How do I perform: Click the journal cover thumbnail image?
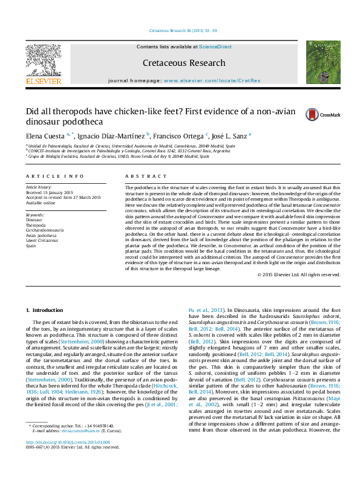pos(322,62)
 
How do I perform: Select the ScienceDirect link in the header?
pos(215,47)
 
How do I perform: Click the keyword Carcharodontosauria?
pos(48,230)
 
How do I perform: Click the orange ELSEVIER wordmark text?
pos(43,81)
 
